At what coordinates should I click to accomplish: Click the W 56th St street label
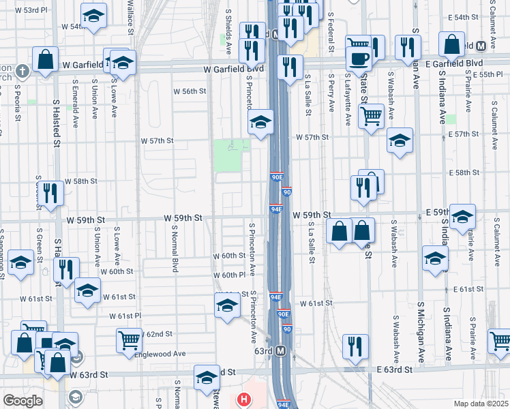[190, 91]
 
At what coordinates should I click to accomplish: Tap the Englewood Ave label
[160, 354]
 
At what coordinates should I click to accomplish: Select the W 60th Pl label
[228, 275]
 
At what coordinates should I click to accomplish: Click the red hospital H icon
[243, 399]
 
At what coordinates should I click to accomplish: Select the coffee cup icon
[359, 58]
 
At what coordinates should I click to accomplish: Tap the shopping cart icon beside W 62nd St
[129, 339]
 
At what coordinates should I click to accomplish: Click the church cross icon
[22, 70]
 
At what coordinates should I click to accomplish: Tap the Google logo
[22, 401]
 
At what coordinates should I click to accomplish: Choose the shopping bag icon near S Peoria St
[45, 59]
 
